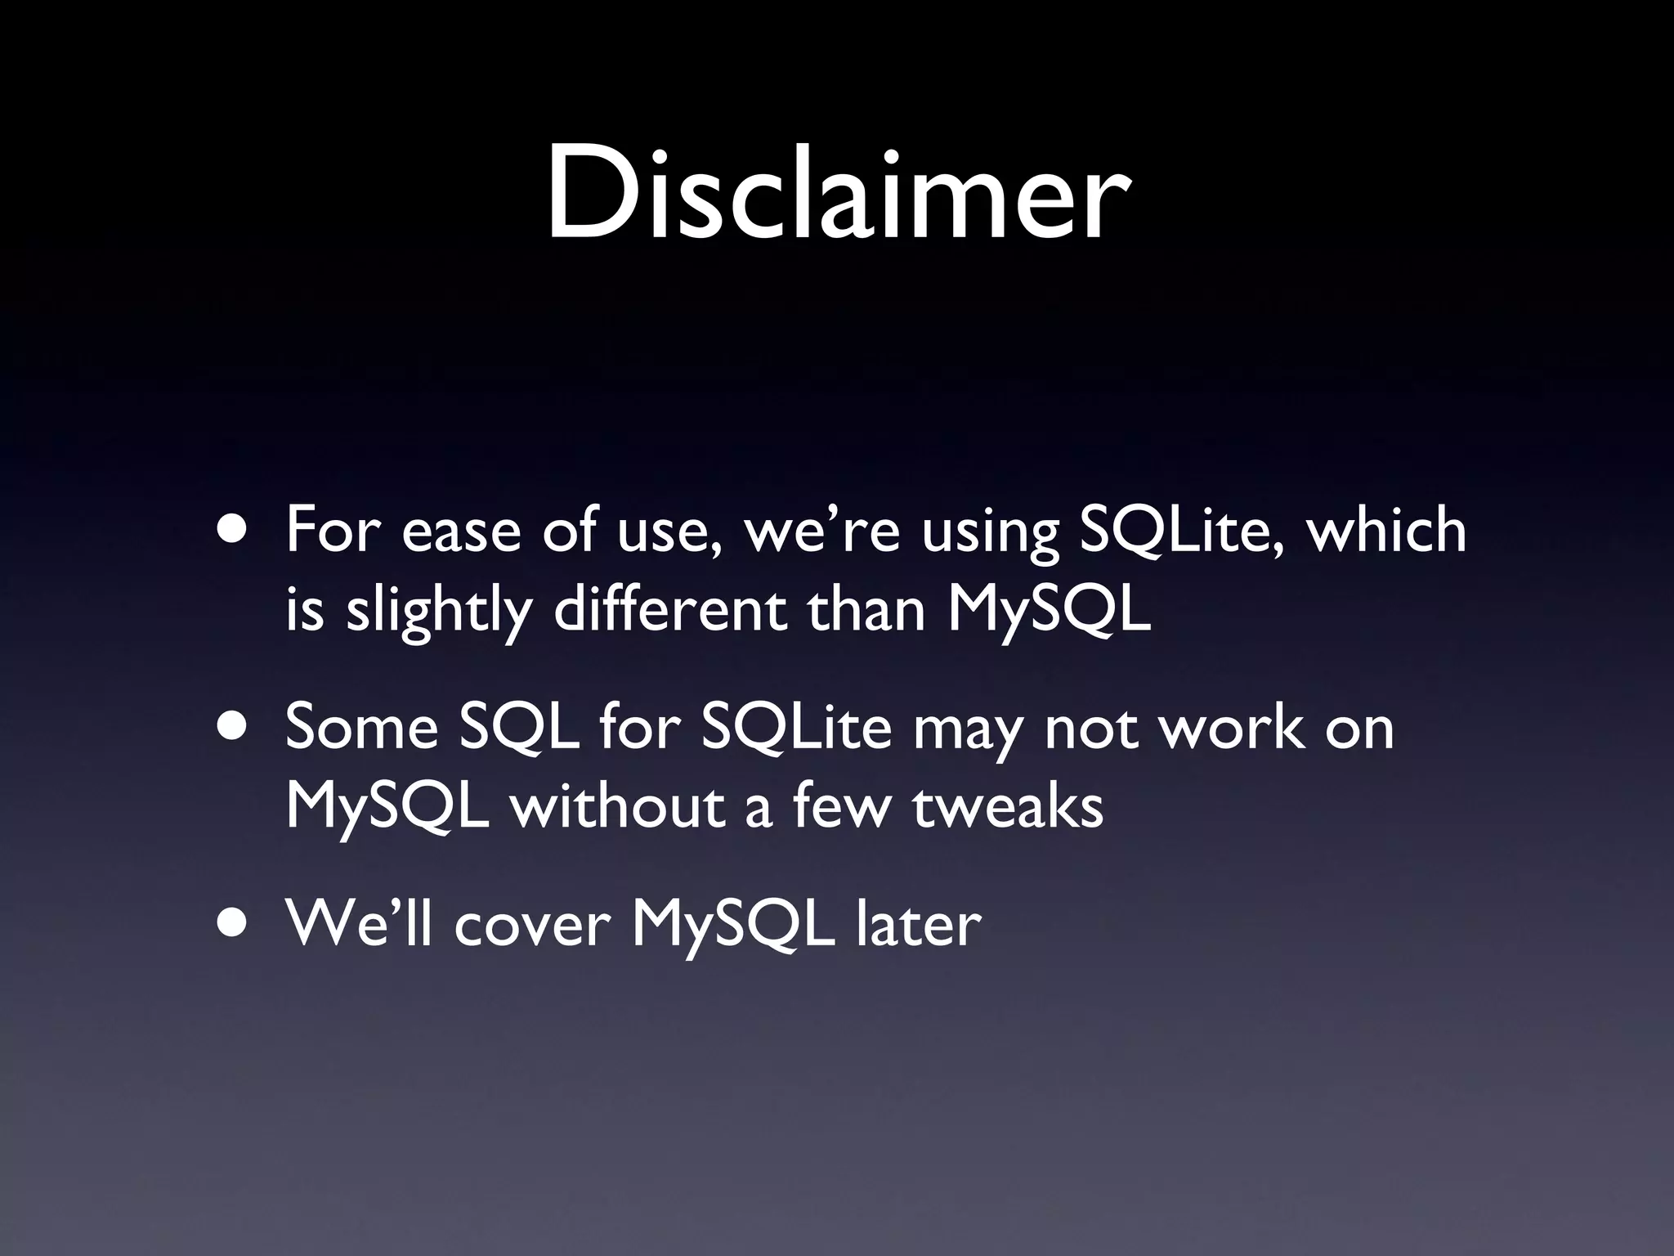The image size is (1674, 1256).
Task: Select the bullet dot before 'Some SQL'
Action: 235,729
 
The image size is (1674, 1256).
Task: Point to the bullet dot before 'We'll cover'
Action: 235,925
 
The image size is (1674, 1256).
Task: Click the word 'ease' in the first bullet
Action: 461,532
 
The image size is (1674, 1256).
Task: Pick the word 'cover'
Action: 532,926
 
